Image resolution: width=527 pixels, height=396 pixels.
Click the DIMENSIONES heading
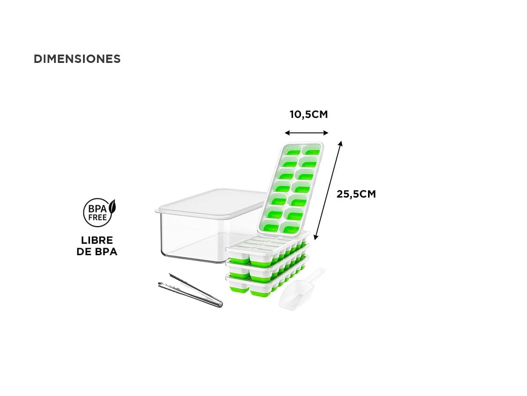pos(77,59)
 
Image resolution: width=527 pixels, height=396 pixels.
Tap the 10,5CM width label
pos(309,114)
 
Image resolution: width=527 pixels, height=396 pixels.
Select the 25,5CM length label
pos(356,194)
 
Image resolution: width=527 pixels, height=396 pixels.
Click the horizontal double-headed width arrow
pos(307,133)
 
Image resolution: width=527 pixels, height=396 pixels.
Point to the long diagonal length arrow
pos(328,191)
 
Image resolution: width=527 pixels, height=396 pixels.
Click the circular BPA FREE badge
pos(98,213)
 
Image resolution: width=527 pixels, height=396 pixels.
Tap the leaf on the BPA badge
pos(112,206)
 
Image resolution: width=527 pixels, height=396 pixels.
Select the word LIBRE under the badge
pos(97,240)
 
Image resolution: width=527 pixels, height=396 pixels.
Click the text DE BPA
pos(97,252)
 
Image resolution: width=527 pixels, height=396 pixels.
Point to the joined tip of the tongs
pos(220,305)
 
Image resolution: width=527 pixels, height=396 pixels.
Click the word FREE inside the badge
pos(97,218)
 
